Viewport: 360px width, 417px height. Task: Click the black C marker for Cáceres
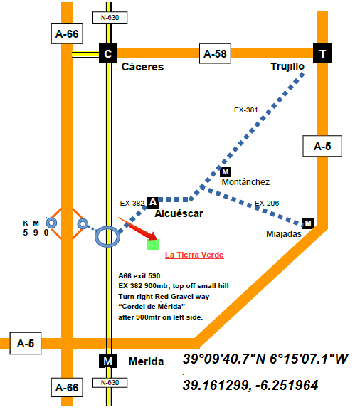108,53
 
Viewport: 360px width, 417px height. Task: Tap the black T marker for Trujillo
322,53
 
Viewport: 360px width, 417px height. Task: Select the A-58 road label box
215,53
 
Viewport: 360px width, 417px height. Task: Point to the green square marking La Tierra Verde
153,244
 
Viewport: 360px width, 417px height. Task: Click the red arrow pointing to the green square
138,228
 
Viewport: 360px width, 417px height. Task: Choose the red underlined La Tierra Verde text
194,255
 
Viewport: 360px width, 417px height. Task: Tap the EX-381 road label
246,110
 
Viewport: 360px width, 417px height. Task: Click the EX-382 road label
132,204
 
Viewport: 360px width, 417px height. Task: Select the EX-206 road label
267,204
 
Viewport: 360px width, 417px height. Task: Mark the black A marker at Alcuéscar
153,202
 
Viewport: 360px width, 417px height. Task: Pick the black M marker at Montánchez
226,171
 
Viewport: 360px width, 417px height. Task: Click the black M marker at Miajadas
308,223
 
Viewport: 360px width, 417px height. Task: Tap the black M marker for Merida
108,361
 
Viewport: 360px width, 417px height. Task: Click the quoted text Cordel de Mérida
152,307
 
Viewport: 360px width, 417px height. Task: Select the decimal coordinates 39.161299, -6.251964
250,386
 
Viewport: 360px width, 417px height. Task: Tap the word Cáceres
142,67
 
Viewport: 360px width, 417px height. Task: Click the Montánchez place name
245,182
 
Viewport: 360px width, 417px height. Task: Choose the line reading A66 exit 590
139,276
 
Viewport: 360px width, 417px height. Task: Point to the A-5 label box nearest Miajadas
322,146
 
